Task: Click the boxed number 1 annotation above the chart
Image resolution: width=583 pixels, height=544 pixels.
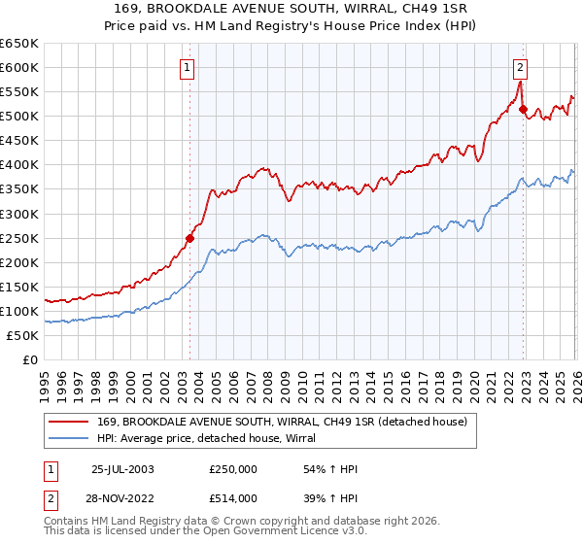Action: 186,67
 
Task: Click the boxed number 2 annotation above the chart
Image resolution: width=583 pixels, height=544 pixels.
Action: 521,67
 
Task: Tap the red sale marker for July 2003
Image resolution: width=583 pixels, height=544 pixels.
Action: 190,237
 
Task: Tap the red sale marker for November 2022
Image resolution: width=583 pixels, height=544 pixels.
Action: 524,110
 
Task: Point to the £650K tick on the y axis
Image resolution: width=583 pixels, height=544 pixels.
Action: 19,44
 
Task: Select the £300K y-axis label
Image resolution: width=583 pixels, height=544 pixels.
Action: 19,214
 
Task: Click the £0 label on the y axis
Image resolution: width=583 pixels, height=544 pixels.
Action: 28,359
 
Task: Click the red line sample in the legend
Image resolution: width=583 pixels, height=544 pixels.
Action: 70,422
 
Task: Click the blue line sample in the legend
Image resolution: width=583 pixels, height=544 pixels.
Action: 70,438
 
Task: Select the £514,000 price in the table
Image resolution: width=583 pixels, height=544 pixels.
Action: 233,498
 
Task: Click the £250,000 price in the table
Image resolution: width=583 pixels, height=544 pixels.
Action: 233,469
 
